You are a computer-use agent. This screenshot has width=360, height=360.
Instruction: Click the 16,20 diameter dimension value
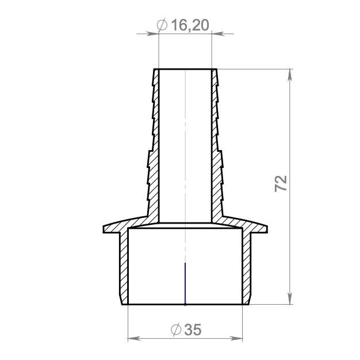point(190,25)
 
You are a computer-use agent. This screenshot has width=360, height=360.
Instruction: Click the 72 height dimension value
point(281,183)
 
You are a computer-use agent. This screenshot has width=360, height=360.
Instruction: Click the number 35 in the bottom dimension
point(193,330)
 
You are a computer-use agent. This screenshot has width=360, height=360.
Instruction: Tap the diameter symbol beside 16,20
point(162,25)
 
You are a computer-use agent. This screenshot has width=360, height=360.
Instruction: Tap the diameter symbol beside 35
point(176,330)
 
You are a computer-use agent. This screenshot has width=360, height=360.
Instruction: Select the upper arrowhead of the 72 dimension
point(290,75)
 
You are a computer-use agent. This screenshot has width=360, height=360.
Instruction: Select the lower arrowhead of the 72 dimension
point(290,298)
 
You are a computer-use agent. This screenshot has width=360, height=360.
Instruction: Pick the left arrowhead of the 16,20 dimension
point(153,34)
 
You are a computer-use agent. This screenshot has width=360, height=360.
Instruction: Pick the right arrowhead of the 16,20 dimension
point(217,34)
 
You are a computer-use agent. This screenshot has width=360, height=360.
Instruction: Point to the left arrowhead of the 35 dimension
point(134,339)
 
